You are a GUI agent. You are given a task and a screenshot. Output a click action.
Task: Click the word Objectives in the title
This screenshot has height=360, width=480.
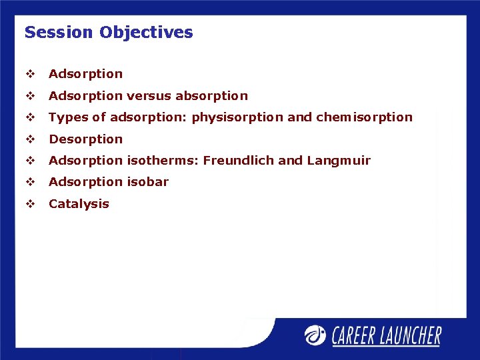(146, 32)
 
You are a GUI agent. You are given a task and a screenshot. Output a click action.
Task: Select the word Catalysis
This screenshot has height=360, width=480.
(79, 204)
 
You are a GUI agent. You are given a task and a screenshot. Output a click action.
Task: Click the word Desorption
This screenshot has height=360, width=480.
(85, 139)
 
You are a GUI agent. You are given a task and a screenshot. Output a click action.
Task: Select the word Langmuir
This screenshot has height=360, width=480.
(339, 161)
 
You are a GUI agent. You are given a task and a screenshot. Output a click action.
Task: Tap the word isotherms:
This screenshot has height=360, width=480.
(163, 161)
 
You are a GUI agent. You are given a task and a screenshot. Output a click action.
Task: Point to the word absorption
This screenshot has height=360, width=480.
(211, 96)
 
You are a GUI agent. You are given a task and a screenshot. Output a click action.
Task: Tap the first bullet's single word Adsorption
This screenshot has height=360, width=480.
(85, 74)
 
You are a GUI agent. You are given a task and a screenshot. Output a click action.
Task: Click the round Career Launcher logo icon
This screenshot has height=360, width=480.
(315, 335)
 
